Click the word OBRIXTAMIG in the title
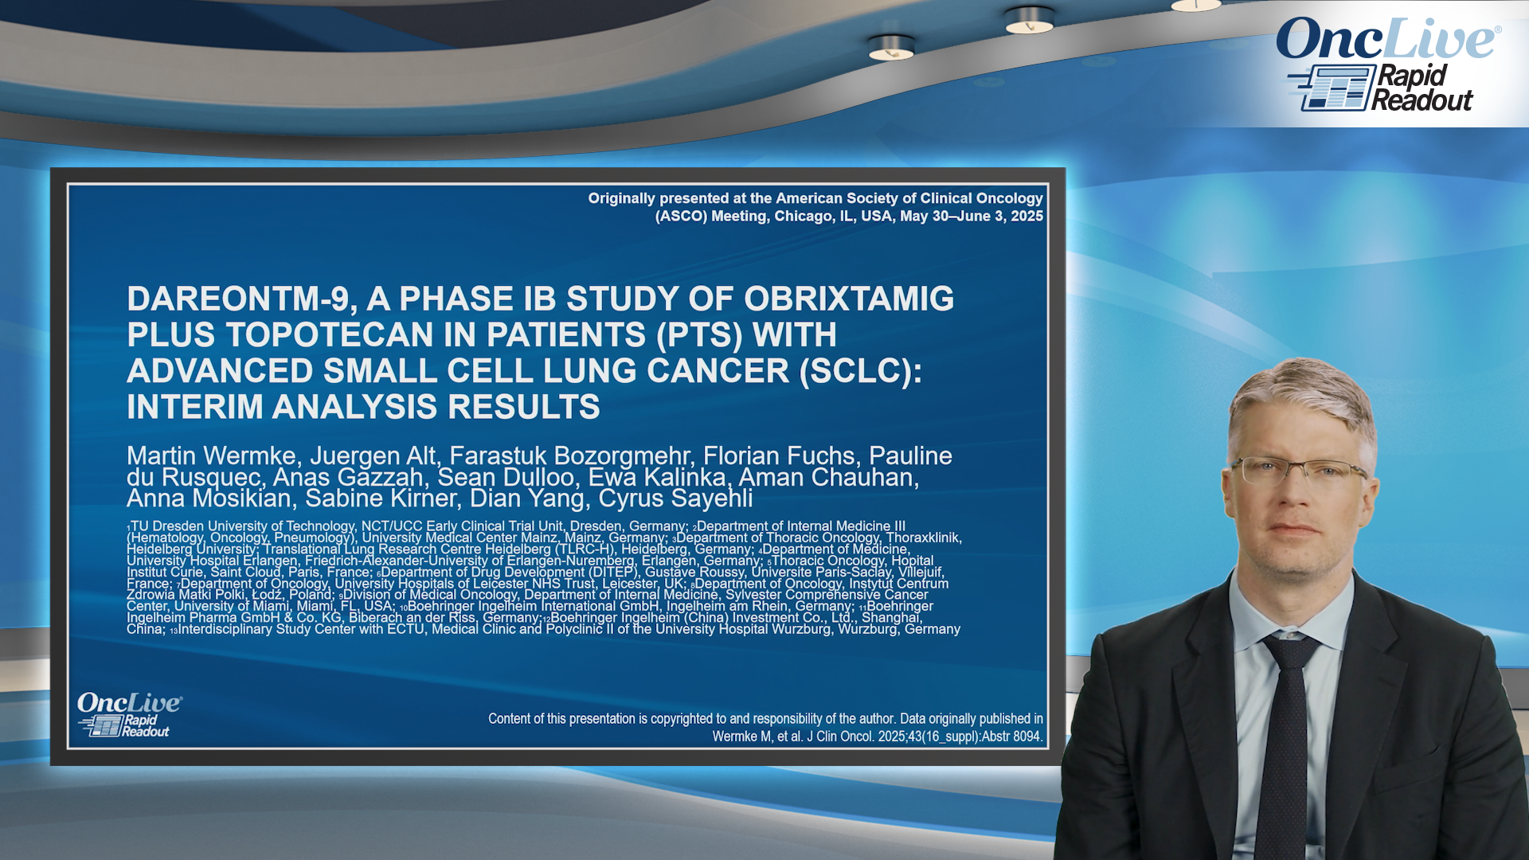click(849, 299)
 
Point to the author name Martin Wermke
click(213, 455)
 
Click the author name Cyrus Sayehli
click(675, 498)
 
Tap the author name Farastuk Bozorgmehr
click(571, 455)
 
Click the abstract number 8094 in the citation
click(1027, 737)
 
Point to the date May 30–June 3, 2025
click(972, 216)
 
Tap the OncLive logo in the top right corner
click(1389, 40)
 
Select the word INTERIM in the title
click(194, 408)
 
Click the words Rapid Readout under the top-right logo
click(1423, 88)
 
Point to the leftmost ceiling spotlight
click(891, 49)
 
